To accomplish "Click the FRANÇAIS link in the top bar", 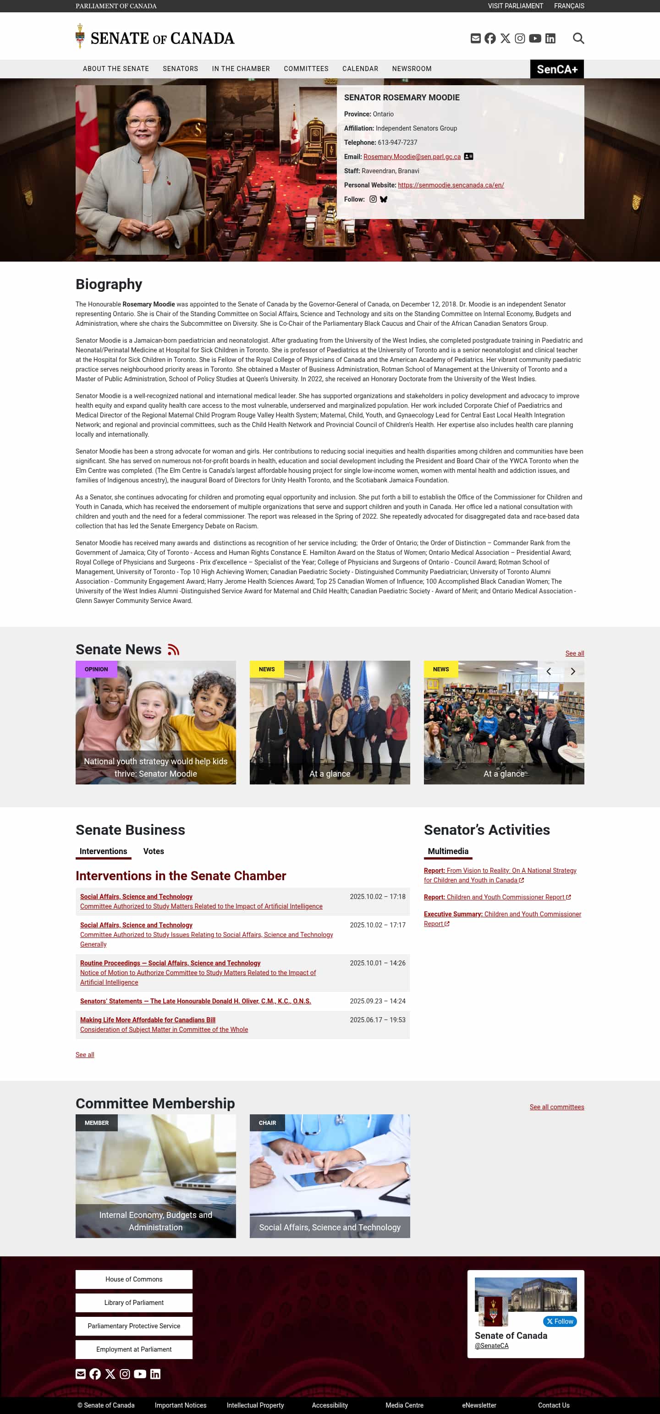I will pyautogui.click(x=569, y=6).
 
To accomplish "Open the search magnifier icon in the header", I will pyautogui.click(x=578, y=38).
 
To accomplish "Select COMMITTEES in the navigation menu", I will pyautogui.click(x=306, y=69).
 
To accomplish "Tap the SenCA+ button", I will pyautogui.click(x=557, y=69).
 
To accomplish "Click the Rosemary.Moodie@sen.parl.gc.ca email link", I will pyautogui.click(x=412, y=157).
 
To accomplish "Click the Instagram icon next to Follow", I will pyautogui.click(x=373, y=199).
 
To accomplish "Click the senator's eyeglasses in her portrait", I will pyautogui.click(x=142, y=121).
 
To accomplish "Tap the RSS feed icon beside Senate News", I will pyautogui.click(x=174, y=649).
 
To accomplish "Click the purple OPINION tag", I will pyautogui.click(x=96, y=669).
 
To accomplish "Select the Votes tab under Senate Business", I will pyautogui.click(x=153, y=851).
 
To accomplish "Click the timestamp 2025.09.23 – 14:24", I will pyautogui.click(x=377, y=1001).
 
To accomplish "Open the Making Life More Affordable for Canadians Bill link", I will pyautogui.click(x=148, y=1020).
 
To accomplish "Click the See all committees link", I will pyautogui.click(x=556, y=1107).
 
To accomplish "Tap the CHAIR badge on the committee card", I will pyautogui.click(x=267, y=1123).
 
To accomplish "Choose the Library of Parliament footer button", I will pyautogui.click(x=134, y=1303).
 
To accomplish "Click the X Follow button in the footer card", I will pyautogui.click(x=560, y=1321).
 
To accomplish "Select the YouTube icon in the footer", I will pyautogui.click(x=140, y=1374).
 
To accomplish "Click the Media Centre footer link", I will pyautogui.click(x=404, y=1405).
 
